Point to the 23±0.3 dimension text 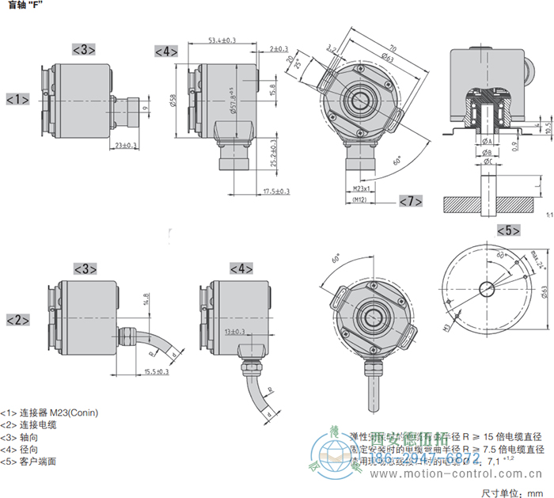(125, 146)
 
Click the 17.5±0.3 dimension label (276, 191)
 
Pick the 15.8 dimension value (273, 89)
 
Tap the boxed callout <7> (410, 201)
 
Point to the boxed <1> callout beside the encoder (17, 100)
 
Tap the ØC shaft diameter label (488, 162)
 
